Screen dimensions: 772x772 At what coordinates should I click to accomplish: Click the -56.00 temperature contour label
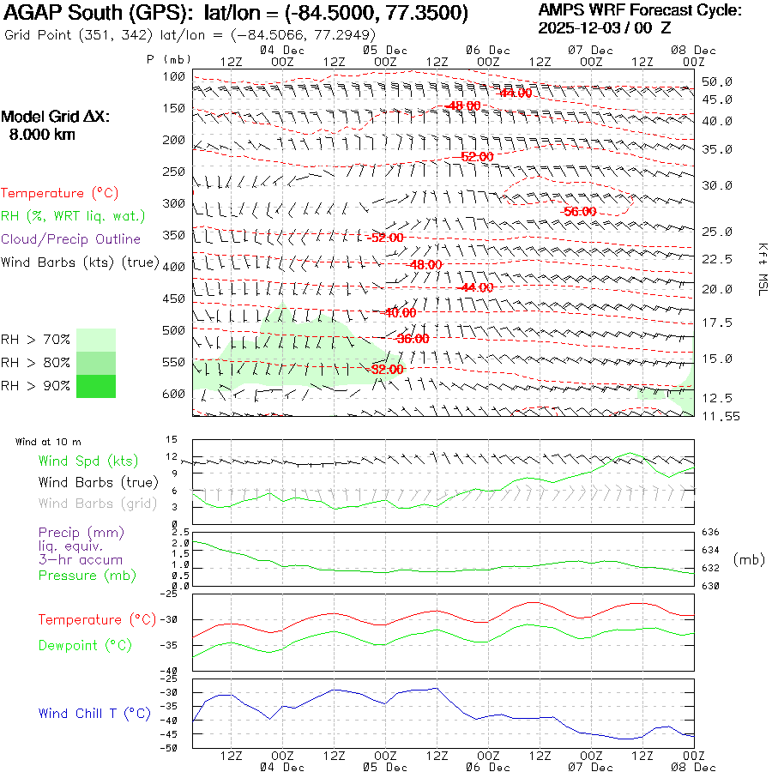coord(580,211)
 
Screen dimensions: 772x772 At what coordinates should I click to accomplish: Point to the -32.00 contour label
coord(387,369)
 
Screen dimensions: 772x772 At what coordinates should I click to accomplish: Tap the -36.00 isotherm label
coord(413,339)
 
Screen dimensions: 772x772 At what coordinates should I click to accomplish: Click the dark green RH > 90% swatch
coord(95,386)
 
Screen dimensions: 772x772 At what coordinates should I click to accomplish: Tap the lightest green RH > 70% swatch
coord(95,340)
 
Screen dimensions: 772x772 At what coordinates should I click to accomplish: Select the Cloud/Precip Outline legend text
coord(71,238)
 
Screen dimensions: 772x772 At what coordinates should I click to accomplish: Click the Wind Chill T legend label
coord(94,713)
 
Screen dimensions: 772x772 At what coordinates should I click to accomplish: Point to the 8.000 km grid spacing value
coord(41,135)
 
